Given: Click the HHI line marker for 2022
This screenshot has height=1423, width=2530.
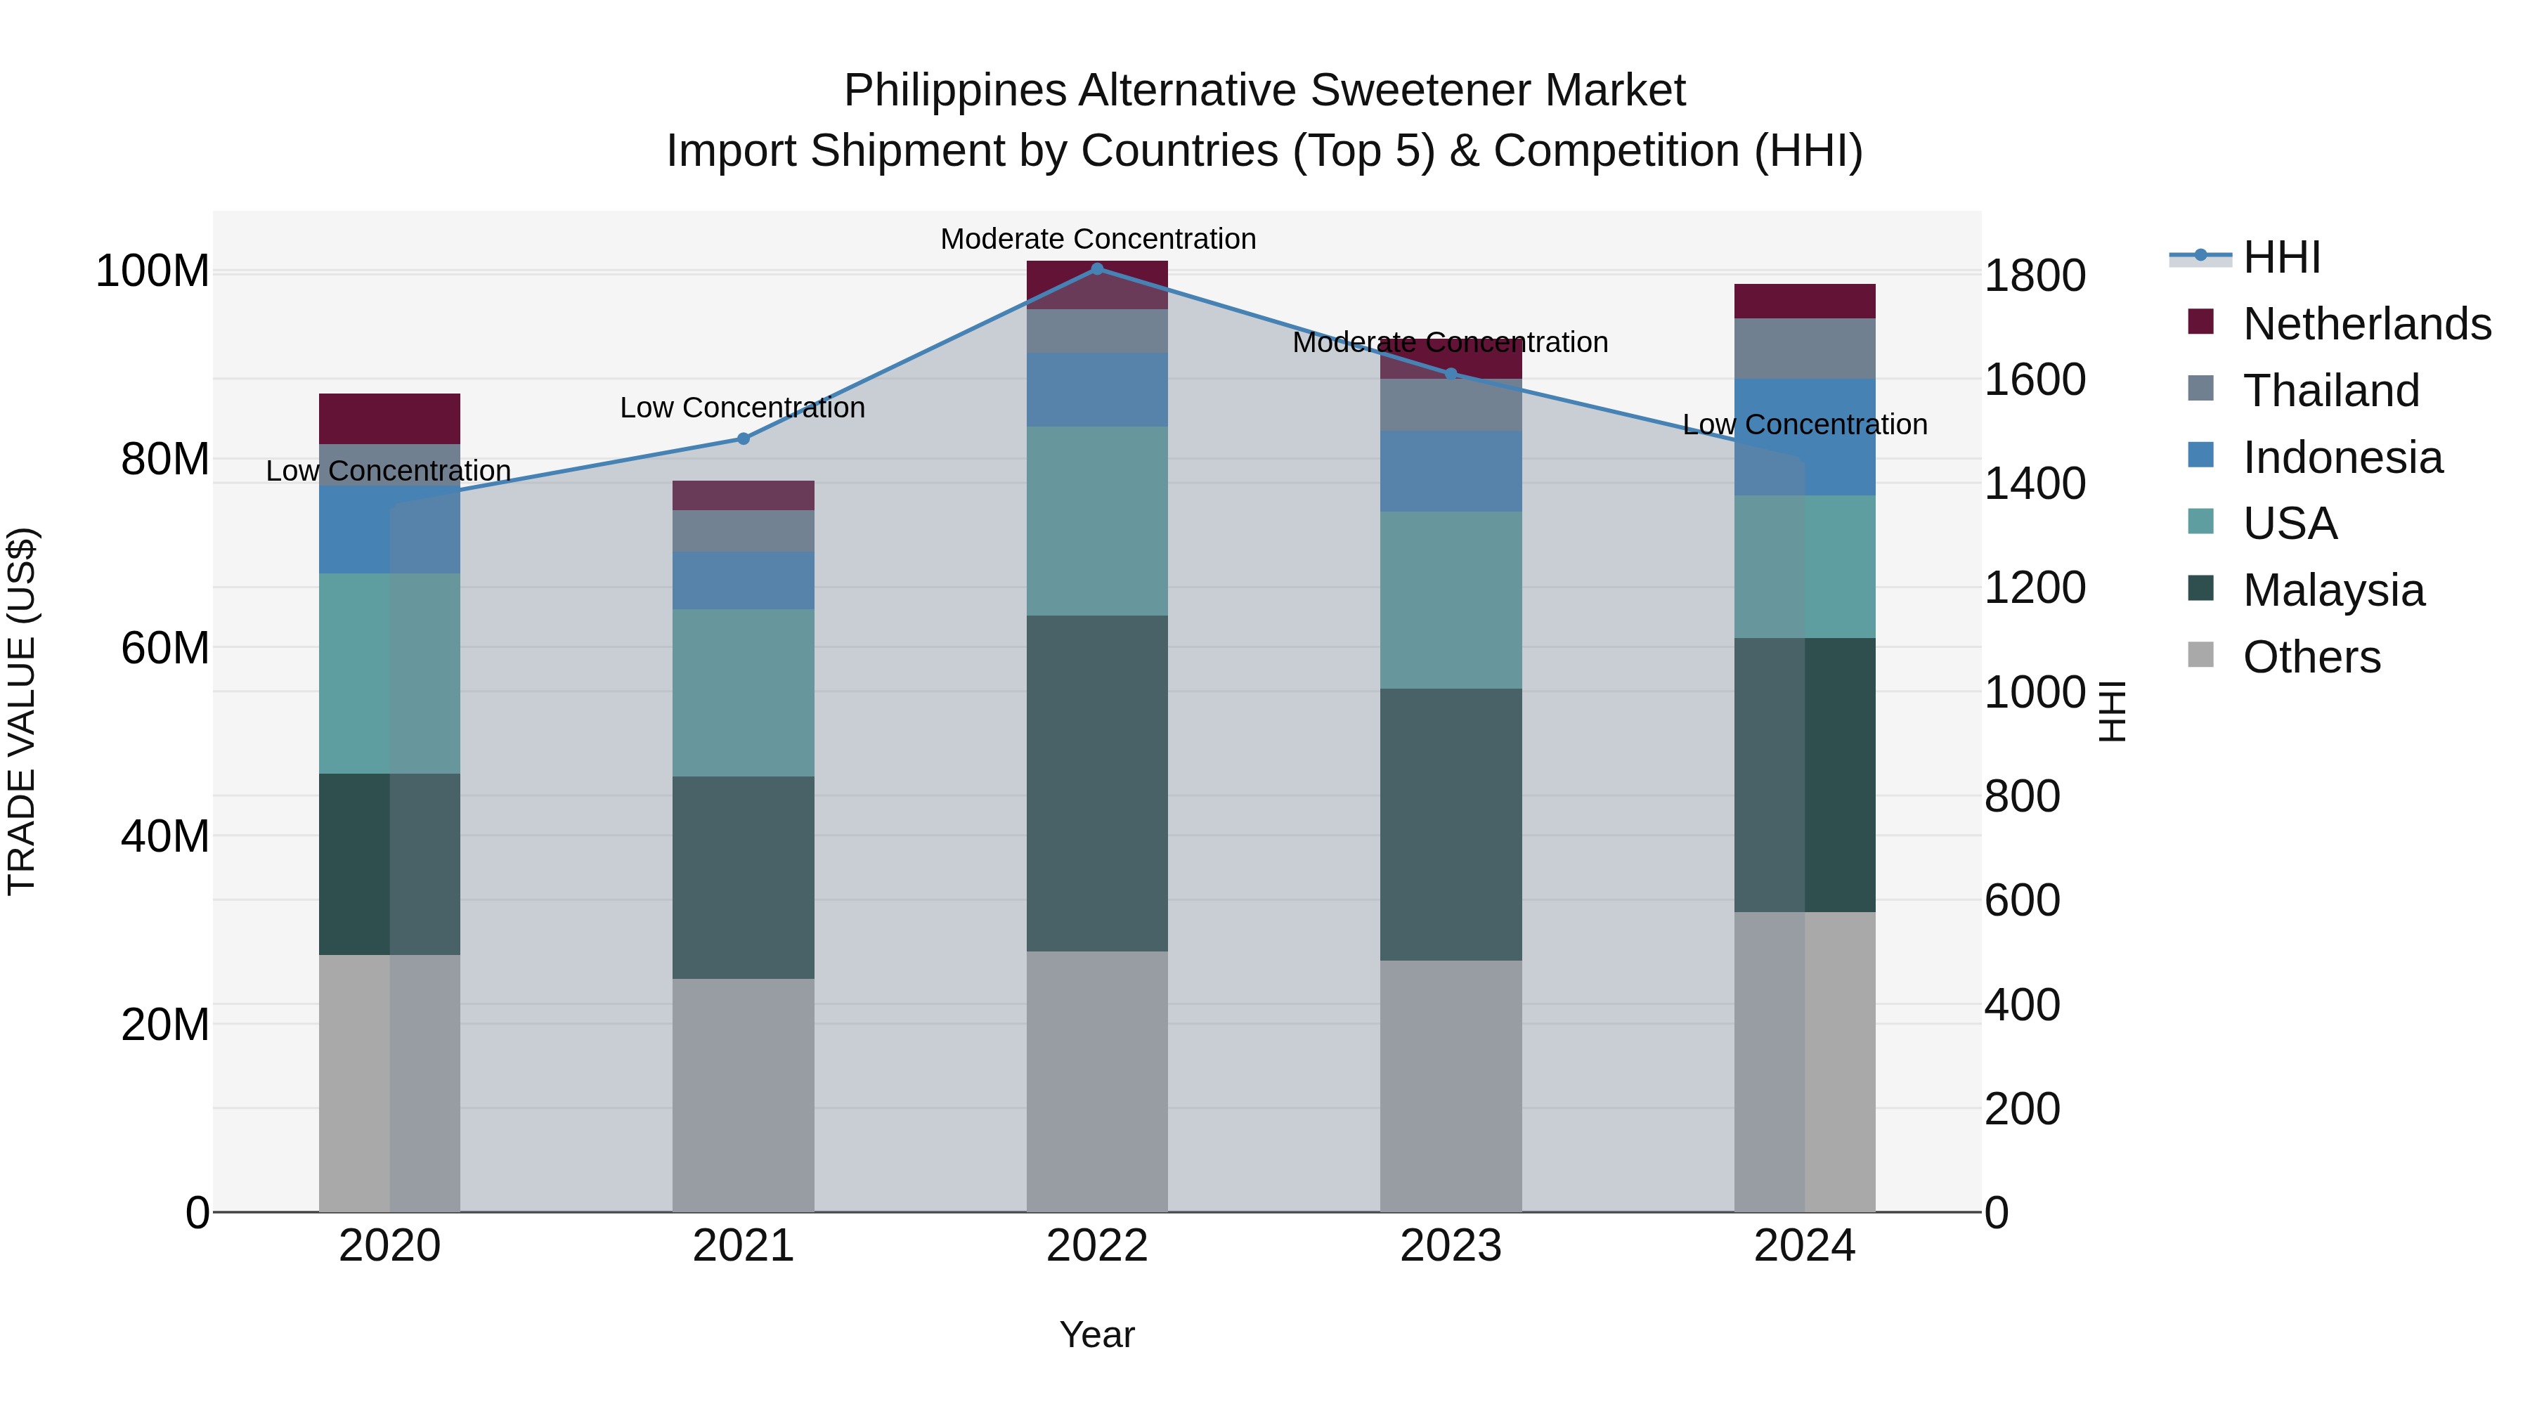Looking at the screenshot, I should coord(1097,268).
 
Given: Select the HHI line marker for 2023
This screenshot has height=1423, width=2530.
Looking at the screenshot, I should coord(1451,373).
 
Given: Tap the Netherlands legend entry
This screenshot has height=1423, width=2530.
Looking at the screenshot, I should coord(2365,323).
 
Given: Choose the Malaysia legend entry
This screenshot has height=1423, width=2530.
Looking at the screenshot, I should coord(2333,590).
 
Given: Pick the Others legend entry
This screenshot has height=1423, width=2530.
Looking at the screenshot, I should coord(2311,656).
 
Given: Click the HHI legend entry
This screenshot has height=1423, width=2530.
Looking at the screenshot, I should coord(2281,257).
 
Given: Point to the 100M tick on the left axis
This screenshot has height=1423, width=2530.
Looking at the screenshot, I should coord(153,271).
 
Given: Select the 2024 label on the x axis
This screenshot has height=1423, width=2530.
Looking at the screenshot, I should coord(1804,1246).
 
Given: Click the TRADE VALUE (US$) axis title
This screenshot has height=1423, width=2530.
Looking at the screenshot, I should coord(22,711).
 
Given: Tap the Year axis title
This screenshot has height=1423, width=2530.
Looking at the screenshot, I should coord(1097,1334).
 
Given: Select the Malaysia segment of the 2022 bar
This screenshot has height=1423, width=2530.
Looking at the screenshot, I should coord(1097,783).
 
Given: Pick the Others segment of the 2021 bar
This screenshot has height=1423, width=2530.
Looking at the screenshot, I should coord(744,1094).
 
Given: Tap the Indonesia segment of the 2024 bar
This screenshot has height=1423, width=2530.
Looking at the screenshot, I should coord(1804,437).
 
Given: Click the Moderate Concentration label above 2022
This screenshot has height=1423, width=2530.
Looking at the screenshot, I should coord(1098,239).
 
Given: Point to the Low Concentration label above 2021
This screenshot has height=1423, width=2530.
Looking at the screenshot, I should coord(743,408).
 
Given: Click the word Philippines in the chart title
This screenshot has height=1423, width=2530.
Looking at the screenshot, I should coord(954,91).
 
